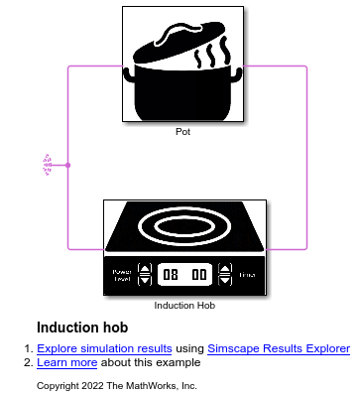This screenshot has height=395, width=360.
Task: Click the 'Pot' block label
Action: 182,131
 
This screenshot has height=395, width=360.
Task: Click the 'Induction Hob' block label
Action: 184,305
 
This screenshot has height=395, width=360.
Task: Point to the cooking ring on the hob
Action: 184,227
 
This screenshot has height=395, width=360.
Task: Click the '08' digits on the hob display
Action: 172,274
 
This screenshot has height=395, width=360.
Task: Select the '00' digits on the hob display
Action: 199,274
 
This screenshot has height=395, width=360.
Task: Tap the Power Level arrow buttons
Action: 144,274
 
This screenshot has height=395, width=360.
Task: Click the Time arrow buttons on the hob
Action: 226,274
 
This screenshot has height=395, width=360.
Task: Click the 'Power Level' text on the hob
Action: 121,275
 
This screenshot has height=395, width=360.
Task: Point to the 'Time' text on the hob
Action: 247,274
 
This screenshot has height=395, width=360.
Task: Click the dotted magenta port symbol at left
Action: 47,165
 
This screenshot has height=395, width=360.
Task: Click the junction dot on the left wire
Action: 67,165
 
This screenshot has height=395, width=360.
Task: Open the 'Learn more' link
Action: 63,362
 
